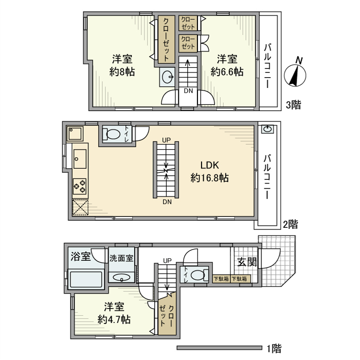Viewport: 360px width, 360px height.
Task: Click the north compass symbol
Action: [x=295, y=75]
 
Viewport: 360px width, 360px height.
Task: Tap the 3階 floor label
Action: [x=293, y=105]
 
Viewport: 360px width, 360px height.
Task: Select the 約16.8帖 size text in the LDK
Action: [x=209, y=178]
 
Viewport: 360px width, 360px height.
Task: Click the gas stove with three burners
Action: [x=80, y=186]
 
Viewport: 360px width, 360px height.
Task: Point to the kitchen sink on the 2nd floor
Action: [x=80, y=158]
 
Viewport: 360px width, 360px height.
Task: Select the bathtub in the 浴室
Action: [x=86, y=279]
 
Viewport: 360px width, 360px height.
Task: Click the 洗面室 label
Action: [x=121, y=258]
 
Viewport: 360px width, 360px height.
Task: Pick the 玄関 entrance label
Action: [x=247, y=262]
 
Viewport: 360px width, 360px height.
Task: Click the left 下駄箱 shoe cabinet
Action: [x=221, y=279]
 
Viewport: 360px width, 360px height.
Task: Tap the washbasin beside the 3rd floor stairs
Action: [x=168, y=77]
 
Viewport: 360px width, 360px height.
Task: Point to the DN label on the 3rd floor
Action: [x=188, y=91]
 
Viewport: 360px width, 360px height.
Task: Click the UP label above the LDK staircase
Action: [x=167, y=140]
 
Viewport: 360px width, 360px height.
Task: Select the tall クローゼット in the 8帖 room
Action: [x=166, y=40]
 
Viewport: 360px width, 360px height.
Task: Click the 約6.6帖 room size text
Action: [x=227, y=72]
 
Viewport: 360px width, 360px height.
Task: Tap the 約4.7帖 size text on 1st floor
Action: [x=114, y=319]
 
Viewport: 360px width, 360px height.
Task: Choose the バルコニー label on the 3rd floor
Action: [x=267, y=66]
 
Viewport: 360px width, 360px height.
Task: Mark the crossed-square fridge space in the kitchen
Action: [x=80, y=207]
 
